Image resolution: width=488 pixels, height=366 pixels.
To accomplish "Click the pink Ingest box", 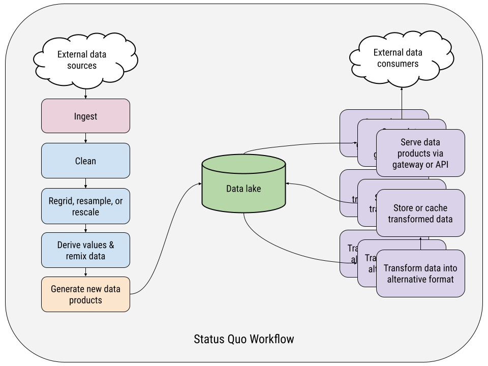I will [x=85, y=116].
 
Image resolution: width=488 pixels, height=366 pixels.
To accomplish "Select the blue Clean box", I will [x=85, y=161].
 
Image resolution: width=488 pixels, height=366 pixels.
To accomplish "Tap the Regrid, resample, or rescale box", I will [x=85, y=206].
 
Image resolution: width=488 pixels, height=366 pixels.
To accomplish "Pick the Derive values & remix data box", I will [x=85, y=250].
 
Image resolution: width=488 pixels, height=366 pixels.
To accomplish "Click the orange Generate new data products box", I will [x=85, y=294].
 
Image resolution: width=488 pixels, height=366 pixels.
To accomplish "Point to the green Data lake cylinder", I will [x=243, y=189].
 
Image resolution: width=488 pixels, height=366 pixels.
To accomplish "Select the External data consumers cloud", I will [x=398, y=58].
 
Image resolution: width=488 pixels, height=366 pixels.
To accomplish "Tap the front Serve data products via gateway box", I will [x=420, y=153].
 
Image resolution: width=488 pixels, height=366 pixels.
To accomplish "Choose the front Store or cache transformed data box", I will [x=420, y=213].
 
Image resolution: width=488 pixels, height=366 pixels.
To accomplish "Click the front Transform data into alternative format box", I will [x=420, y=273].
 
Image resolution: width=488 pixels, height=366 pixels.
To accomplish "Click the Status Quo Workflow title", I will [x=244, y=339].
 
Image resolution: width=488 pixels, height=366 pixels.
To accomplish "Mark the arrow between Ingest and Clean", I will [x=85, y=138].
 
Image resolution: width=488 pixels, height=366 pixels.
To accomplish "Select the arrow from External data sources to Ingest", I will [x=85, y=94].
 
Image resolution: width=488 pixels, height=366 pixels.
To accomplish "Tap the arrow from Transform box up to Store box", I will [x=421, y=243].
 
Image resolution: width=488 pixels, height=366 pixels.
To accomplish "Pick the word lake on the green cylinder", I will [x=252, y=189].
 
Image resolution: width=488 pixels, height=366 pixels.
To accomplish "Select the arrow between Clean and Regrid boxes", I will [x=85, y=183].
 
